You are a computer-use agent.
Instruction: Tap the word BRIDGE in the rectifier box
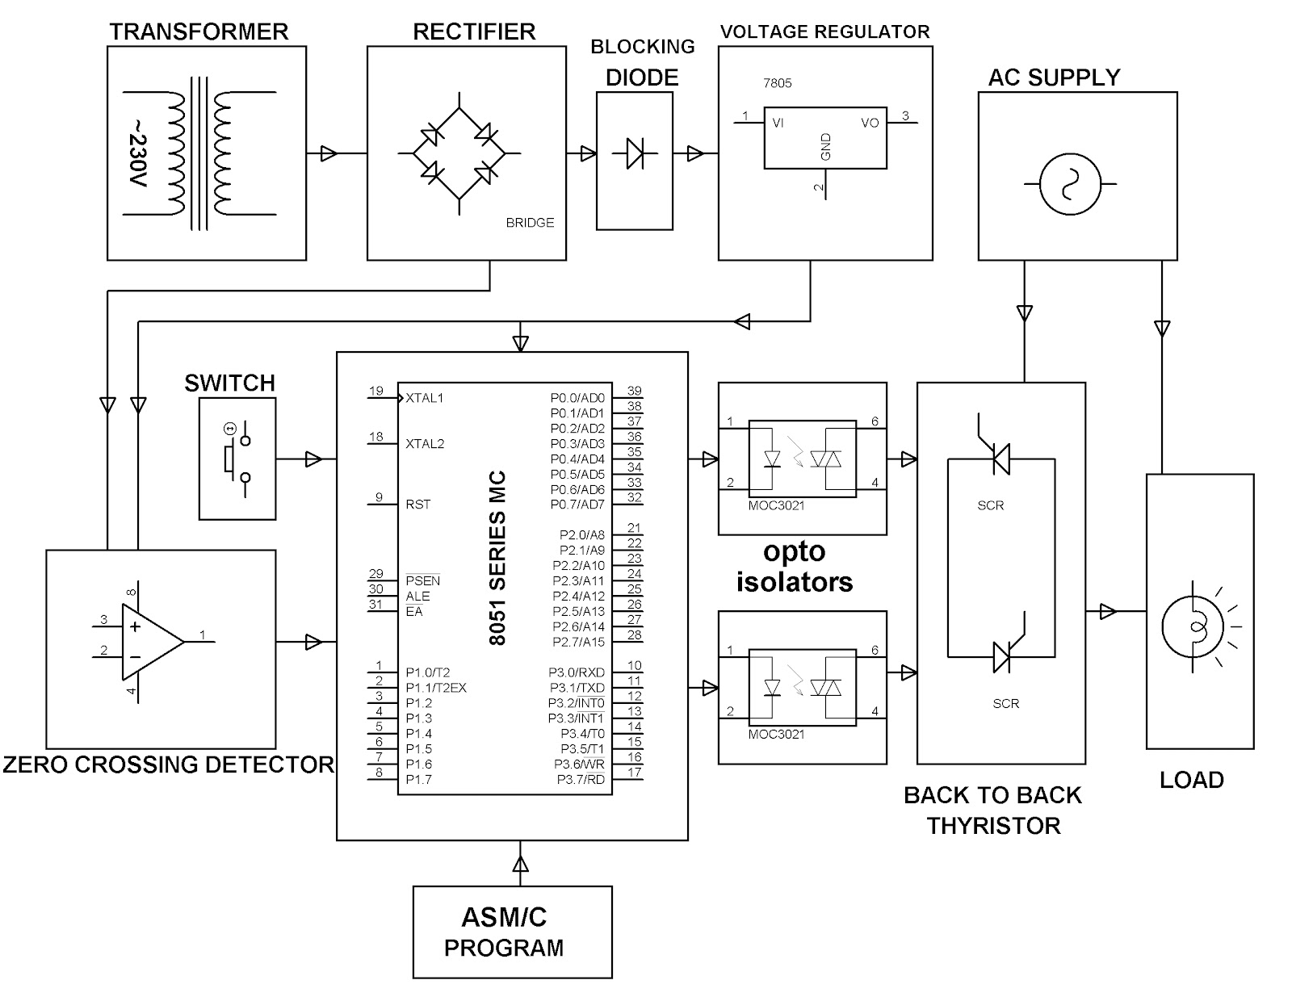click(x=530, y=223)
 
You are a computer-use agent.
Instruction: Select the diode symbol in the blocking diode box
click(x=635, y=153)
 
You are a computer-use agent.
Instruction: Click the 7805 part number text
click(x=777, y=83)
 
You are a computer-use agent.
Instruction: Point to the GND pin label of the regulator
click(x=825, y=147)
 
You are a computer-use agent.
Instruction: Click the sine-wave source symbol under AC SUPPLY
click(x=1070, y=184)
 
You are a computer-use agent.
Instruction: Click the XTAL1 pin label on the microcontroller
click(x=424, y=398)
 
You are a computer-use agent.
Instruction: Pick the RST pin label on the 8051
click(x=418, y=505)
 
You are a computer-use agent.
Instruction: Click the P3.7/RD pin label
click(x=581, y=779)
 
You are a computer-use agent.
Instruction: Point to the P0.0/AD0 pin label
click(x=577, y=398)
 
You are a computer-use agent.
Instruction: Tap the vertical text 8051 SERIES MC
click(x=497, y=558)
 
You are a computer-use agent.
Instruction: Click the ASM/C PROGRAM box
click(x=512, y=932)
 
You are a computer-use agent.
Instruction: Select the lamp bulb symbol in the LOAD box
click(x=1192, y=626)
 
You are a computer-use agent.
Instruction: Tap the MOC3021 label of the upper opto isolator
click(x=776, y=505)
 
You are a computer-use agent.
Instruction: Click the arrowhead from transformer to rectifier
click(x=328, y=153)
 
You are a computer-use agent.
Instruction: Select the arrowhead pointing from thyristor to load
click(x=1108, y=612)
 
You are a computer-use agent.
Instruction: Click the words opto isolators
click(x=795, y=567)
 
